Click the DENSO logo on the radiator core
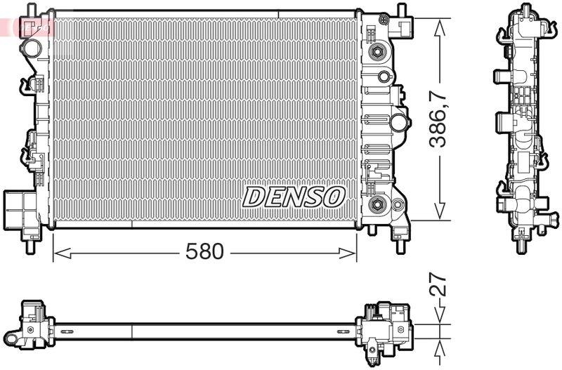tap(294, 197)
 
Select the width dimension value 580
tap(205, 251)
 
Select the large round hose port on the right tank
tap(399, 123)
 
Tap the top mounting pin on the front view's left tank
tap(30, 9)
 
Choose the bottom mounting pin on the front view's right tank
tap(400, 246)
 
